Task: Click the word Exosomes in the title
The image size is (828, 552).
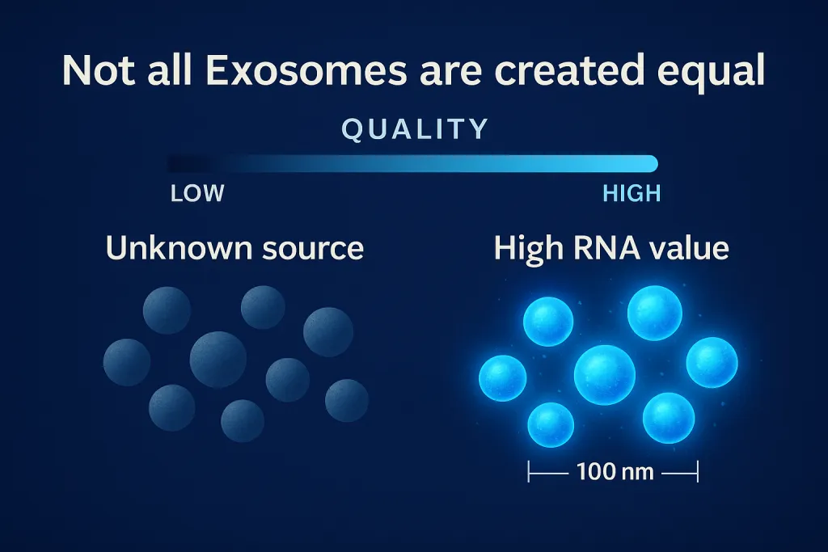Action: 306,70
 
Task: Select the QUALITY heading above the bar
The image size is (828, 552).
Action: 415,129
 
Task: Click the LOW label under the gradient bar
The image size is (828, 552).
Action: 197,194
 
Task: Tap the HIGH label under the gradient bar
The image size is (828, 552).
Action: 632,194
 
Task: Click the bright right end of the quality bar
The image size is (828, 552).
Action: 652,163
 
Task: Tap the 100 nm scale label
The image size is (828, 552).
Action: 615,471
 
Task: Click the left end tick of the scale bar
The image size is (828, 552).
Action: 529,471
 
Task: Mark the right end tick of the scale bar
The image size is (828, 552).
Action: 698,471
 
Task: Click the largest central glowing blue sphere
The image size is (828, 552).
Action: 605,375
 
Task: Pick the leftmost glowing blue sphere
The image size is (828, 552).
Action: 503,378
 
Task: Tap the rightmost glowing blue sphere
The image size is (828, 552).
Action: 712,363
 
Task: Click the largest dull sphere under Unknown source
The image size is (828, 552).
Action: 218,360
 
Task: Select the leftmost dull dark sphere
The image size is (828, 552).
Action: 127,363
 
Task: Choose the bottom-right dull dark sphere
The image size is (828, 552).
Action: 347,401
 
